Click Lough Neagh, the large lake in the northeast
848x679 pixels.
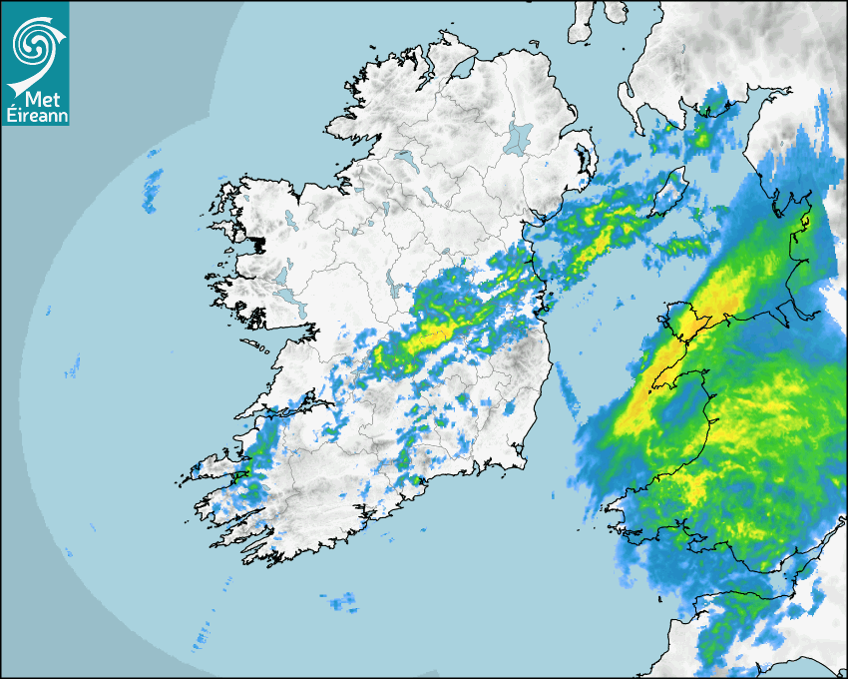click(520, 137)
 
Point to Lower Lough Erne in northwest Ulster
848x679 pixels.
click(404, 158)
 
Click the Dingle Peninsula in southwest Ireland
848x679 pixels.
click(214, 466)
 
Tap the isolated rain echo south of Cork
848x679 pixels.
click(341, 601)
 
